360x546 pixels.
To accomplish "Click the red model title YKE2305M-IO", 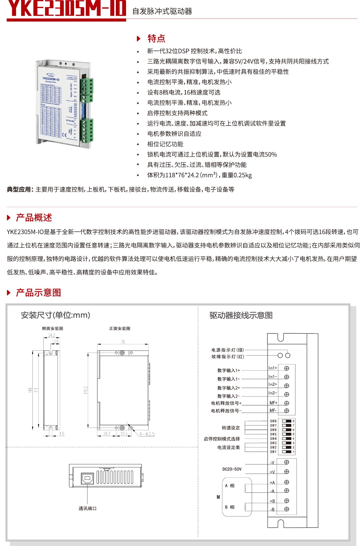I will pyautogui.click(x=66, y=9).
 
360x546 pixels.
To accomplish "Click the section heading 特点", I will pyautogui.click(x=156, y=39).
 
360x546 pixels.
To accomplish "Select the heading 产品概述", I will pyautogui.click(x=34, y=218).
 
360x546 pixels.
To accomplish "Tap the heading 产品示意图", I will pyautogui.click(x=38, y=293).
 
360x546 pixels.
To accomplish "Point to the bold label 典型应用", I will pyautogui.click(x=19, y=190).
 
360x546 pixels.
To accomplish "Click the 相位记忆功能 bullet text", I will pyautogui.click(x=165, y=144).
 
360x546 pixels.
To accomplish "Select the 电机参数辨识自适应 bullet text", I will pyautogui.click(x=174, y=134).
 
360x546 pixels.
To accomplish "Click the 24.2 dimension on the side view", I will pyautogui.click(x=51, y=336).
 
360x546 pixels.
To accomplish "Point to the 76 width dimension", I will pyautogui.click(x=123, y=342).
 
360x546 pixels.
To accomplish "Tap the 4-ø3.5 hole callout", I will pyautogui.click(x=147, y=434).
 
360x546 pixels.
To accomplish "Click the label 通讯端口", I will pyautogui.click(x=87, y=508).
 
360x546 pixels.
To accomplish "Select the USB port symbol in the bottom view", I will pyautogui.click(x=87, y=478).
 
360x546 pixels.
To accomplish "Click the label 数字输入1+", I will pyautogui.click(x=229, y=370).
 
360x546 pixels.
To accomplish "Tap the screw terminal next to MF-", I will pyautogui.click(x=287, y=411).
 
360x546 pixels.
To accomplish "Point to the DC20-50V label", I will pyautogui.click(x=232, y=469).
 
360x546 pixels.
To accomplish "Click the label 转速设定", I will pyautogui.click(x=231, y=428).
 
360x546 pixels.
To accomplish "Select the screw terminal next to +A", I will pyautogui.click(x=287, y=482).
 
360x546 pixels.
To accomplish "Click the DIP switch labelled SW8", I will pyautogui.click(x=287, y=421).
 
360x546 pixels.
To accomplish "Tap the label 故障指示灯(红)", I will pyautogui.click(x=227, y=357).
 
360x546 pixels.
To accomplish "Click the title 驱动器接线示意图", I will pyautogui.click(x=241, y=315).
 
